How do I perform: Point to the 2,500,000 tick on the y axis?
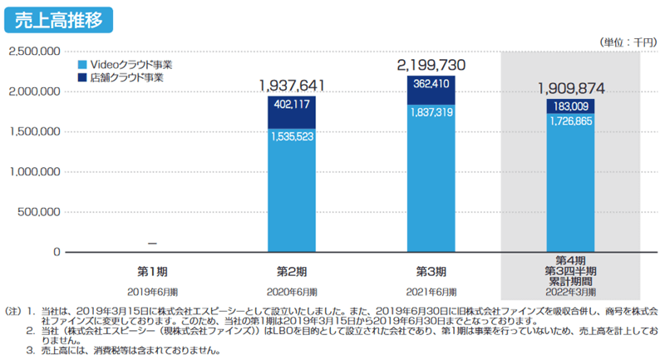coord(34,52)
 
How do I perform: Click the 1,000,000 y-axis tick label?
coord(34,172)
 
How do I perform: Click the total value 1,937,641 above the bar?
coord(291,85)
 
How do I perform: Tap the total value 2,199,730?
coord(431,65)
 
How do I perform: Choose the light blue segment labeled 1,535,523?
coord(292,191)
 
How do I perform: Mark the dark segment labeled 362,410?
coord(431,91)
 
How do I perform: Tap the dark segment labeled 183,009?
coord(570,106)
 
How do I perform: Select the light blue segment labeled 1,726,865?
coord(570,183)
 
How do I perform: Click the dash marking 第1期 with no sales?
coord(152,244)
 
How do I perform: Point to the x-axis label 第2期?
coord(292,271)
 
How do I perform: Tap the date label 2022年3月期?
coord(570,291)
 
